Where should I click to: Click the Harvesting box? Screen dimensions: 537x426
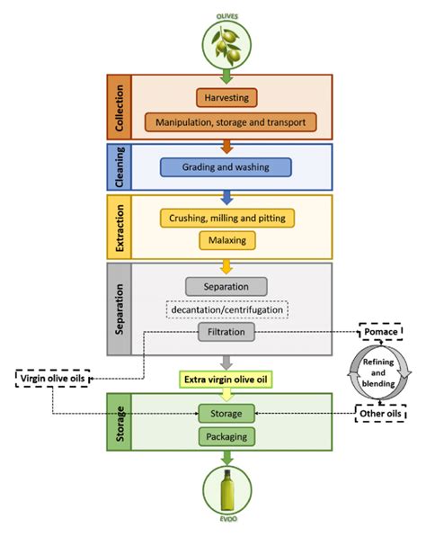226,97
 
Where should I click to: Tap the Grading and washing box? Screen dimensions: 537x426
226,166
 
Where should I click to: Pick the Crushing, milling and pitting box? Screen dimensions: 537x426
226,218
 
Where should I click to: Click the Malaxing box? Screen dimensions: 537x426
226,240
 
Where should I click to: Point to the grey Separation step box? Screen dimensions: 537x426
226,286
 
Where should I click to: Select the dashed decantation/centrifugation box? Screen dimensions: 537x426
226,309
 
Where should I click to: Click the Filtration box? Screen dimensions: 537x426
226,332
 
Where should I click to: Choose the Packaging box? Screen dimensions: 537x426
226,436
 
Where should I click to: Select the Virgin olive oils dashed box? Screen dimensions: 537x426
52,379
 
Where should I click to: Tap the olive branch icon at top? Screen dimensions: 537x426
226,40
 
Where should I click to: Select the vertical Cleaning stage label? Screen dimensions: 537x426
123,166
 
